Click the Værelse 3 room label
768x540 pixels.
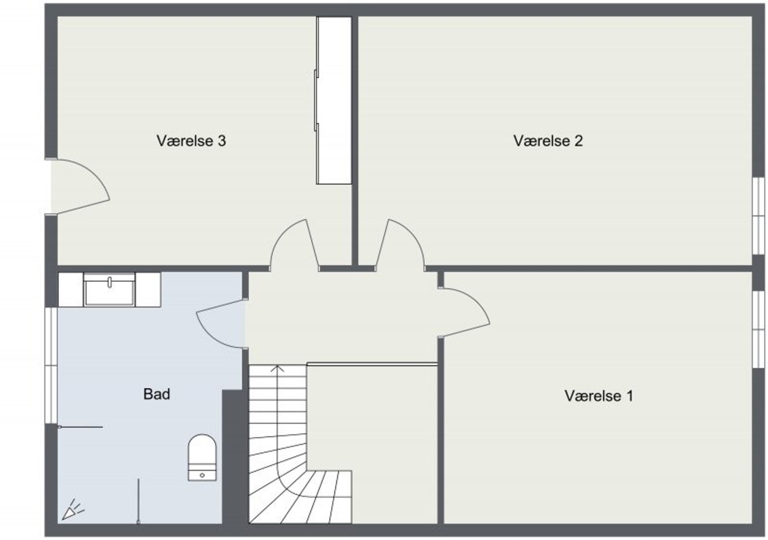[191, 140]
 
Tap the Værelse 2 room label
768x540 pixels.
[548, 140]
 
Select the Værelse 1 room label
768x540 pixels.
[599, 396]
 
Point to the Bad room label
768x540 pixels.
[156, 394]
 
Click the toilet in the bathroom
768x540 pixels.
[202, 457]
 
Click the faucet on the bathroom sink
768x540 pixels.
[109, 282]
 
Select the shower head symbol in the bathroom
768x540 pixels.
[72, 510]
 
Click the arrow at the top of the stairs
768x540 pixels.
[277, 368]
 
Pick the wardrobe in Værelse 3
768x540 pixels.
[334, 100]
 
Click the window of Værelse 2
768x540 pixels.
[759, 216]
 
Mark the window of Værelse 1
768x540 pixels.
[759, 329]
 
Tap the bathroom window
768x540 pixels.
[51, 365]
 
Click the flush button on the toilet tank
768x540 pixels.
[202, 475]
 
